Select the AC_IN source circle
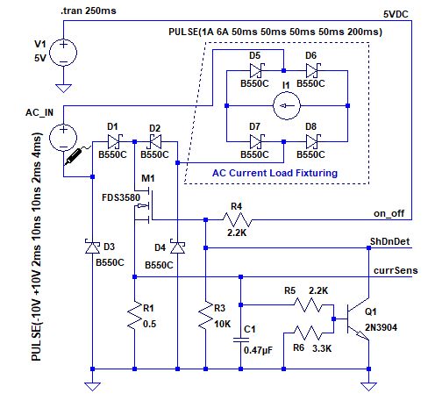tap(63, 138)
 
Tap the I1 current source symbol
tap(284, 109)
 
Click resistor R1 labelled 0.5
tap(134, 316)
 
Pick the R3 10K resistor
tap(204, 316)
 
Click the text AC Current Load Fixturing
tap(274, 173)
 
